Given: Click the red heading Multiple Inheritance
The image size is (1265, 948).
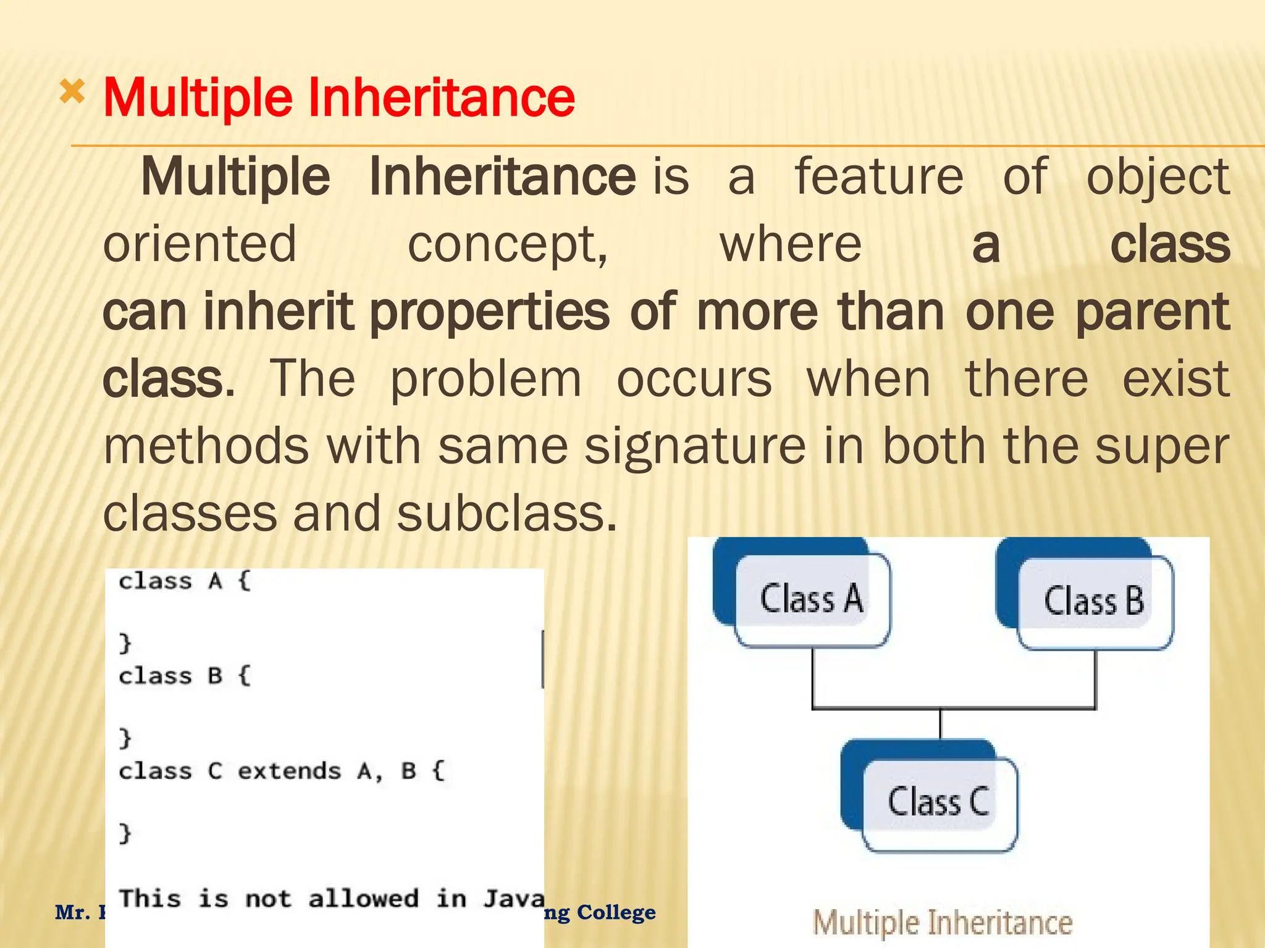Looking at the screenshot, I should click(338, 98).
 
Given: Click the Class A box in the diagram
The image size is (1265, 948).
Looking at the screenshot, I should click(812, 599).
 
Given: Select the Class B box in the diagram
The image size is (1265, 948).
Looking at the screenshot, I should click(1094, 601).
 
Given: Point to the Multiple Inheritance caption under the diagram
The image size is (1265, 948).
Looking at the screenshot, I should click(943, 923).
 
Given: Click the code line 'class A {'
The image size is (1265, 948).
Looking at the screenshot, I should click(185, 581).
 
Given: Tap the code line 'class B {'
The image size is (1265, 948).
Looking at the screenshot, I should click(185, 676).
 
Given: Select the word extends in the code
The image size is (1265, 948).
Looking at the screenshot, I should click(289, 771).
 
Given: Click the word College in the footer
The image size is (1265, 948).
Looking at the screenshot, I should click(616, 912).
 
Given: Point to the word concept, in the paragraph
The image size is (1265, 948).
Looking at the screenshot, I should click(508, 245).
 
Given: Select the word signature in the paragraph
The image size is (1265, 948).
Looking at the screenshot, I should click(695, 446).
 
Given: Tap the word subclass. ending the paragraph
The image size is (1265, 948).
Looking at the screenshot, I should click(506, 514).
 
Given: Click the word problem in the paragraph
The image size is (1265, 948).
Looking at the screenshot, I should click(486, 379).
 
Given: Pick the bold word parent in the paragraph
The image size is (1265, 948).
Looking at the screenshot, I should click(1153, 312).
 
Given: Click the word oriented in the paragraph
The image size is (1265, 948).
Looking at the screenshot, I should click(200, 244).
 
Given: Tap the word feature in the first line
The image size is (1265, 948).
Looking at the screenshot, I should click(878, 177).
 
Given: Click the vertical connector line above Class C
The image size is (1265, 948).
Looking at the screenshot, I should click(940, 724).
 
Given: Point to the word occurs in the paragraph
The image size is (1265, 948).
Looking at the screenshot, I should click(694, 379).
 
